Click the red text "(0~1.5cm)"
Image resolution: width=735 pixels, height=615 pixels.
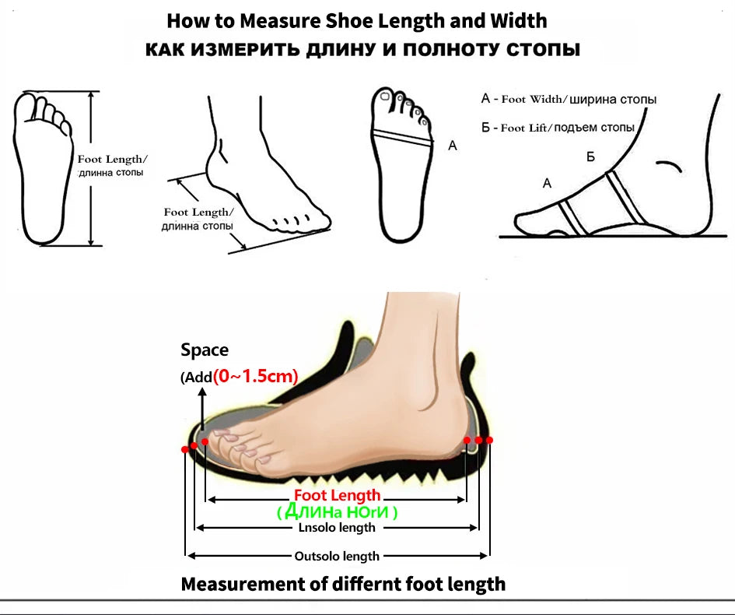[x=255, y=376]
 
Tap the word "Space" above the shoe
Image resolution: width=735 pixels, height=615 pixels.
[x=205, y=350]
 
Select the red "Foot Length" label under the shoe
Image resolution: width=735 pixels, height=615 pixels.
[x=337, y=495]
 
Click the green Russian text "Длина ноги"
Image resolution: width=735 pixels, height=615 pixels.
[x=337, y=511]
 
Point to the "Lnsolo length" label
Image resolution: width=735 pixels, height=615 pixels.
[x=337, y=528]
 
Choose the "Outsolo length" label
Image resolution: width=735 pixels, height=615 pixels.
[x=337, y=557]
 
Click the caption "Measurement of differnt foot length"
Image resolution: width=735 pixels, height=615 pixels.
[x=343, y=585]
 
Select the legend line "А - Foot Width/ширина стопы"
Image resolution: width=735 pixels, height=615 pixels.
[x=569, y=99]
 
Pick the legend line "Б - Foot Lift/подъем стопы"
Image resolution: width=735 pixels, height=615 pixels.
[x=558, y=128]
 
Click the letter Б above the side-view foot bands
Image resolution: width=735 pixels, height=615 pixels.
[x=590, y=156]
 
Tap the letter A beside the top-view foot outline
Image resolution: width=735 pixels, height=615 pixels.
[x=453, y=146]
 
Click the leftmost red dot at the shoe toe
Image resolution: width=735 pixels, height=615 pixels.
[x=184, y=449]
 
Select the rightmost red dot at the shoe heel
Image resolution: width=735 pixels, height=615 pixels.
[x=489, y=440]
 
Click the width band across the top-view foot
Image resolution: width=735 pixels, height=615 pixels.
[x=401, y=135]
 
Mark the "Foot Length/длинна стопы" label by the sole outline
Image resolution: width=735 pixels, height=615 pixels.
[x=111, y=166]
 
